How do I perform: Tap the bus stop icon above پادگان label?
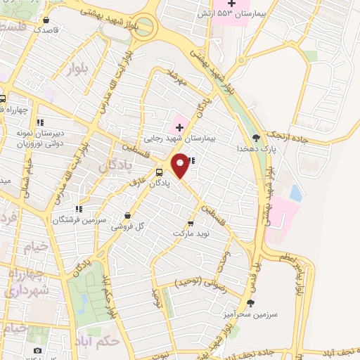click(x=160, y=172)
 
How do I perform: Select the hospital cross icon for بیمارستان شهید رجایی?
click(x=179, y=127)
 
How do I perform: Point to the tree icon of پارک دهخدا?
click(x=255, y=138)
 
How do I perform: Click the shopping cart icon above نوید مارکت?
click(x=190, y=222)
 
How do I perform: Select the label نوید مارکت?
click(x=191, y=233)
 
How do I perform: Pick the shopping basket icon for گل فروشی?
click(x=127, y=216)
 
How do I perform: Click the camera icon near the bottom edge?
click(x=37, y=350)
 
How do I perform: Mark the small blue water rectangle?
click(x=296, y=191)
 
